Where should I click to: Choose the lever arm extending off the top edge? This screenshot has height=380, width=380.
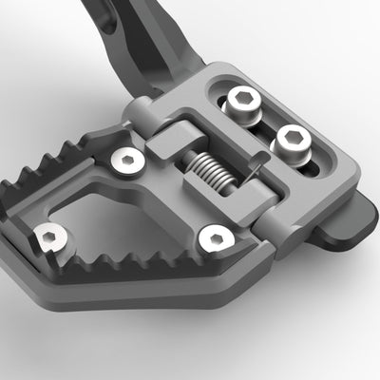[x=142, y=38]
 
